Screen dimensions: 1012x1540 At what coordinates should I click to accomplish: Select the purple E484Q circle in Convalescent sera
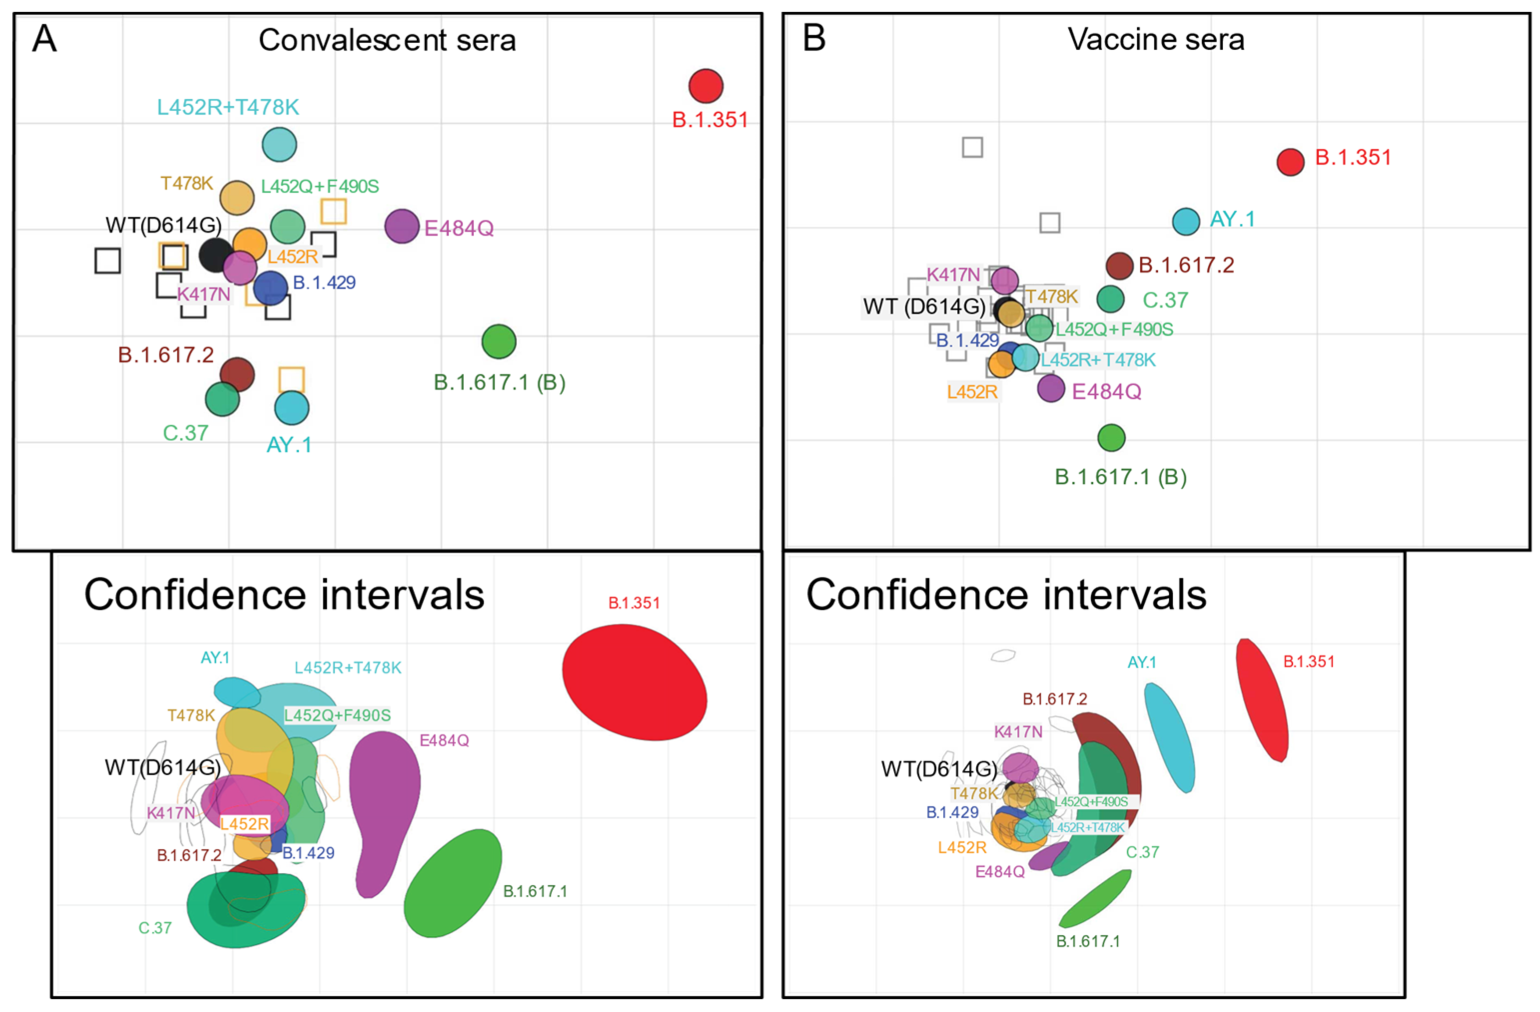[402, 226]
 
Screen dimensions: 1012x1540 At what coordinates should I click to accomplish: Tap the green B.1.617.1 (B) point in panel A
[499, 342]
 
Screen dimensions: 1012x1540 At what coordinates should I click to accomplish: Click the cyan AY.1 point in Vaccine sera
[1186, 221]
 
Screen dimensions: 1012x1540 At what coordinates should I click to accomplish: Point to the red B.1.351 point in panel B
[1290, 162]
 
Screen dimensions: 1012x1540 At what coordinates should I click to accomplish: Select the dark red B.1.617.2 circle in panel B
[1120, 265]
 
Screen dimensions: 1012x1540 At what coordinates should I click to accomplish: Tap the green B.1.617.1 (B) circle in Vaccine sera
[1112, 438]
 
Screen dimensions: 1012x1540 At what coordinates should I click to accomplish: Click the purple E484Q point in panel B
[1051, 388]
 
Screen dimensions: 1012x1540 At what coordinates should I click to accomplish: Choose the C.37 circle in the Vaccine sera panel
[1111, 298]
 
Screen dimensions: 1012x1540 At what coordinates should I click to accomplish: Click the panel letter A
[44, 39]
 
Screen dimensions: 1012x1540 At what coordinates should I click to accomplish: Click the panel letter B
[814, 39]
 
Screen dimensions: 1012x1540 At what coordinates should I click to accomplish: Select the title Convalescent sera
[387, 40]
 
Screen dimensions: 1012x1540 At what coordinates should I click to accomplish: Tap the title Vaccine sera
[1155, 39]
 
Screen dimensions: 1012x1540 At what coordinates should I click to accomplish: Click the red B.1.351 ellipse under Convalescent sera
[634, 681]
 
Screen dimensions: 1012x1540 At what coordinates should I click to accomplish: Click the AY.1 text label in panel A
[289, 445]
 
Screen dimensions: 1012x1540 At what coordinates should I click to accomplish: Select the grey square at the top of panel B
[973, 147]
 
